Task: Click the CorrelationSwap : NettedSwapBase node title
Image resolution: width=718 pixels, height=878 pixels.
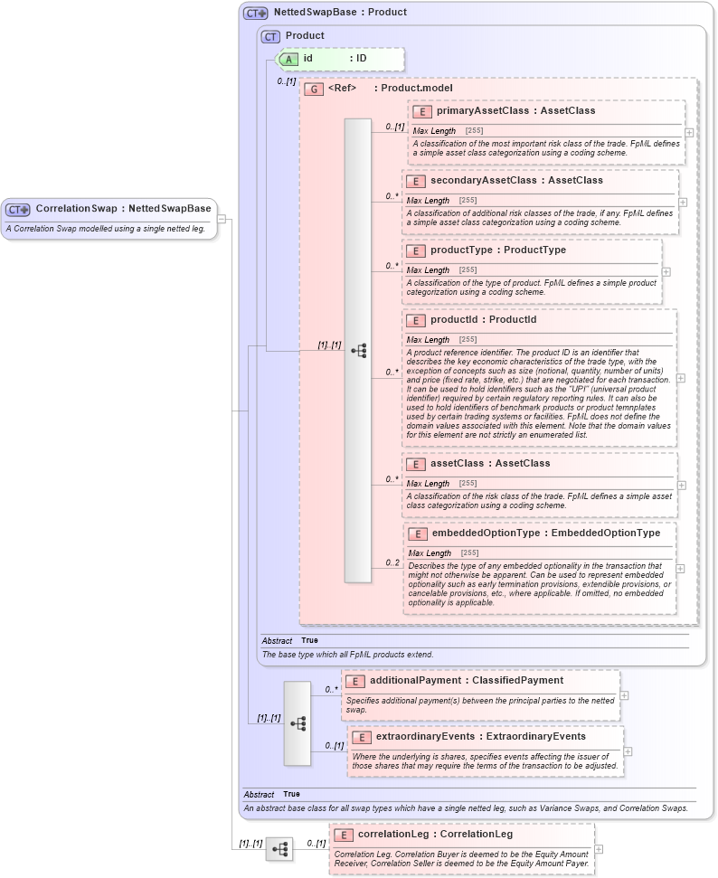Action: pos(123,209)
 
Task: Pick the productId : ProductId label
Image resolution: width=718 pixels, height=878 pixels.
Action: pos(483,320)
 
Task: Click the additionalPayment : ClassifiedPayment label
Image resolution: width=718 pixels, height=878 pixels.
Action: pos(467,680)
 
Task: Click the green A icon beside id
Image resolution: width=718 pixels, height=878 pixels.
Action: pos(289,59)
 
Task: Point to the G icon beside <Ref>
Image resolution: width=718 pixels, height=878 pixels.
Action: pos(314,89)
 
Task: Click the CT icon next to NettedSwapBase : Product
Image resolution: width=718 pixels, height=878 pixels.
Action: pos(256,13)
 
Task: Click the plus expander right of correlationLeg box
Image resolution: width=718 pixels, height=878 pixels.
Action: pos(599,849)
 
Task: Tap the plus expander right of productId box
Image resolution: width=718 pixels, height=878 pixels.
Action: pos(681,378)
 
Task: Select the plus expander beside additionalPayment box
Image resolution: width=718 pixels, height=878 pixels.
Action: pos(624,695)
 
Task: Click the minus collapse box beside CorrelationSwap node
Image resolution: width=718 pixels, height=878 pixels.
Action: pos(222,219)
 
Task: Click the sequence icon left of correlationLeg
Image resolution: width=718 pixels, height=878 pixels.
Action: pos(279,849)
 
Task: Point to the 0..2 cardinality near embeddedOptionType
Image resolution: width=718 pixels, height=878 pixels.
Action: pos(392,562)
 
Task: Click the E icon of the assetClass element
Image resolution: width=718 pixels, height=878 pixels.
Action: pos(416,464)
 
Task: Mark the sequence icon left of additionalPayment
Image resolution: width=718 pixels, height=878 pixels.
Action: pos(298,723)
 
